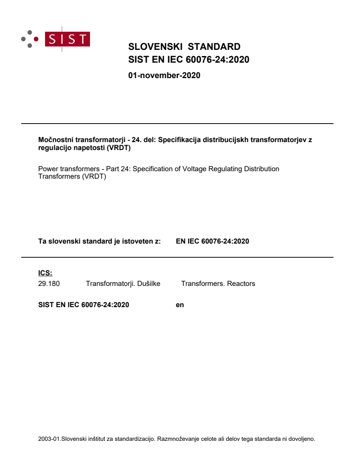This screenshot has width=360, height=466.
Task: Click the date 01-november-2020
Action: (164, 75)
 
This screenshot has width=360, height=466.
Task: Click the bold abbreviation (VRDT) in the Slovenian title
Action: (119, 148)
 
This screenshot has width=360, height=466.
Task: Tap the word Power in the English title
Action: (48, 169)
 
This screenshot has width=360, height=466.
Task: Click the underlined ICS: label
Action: (45, 273)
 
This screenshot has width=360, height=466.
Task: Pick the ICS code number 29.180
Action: (49, 284)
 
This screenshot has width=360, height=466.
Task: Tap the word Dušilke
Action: (148, 284)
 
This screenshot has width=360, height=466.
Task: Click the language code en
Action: (180, 304)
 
